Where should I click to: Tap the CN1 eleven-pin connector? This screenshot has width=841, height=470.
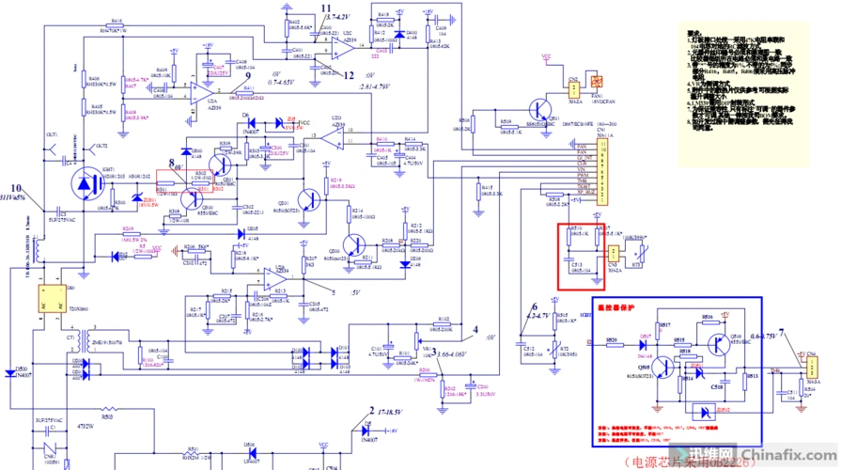pyautogui.click(x=608, y=169)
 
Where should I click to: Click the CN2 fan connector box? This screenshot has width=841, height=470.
pyautogui.click(x=572, y=88)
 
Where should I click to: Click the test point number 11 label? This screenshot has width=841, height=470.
pyautogui.click(x=325, y=8)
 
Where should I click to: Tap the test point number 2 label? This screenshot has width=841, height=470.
pyautogui.click(x=372, y=411)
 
